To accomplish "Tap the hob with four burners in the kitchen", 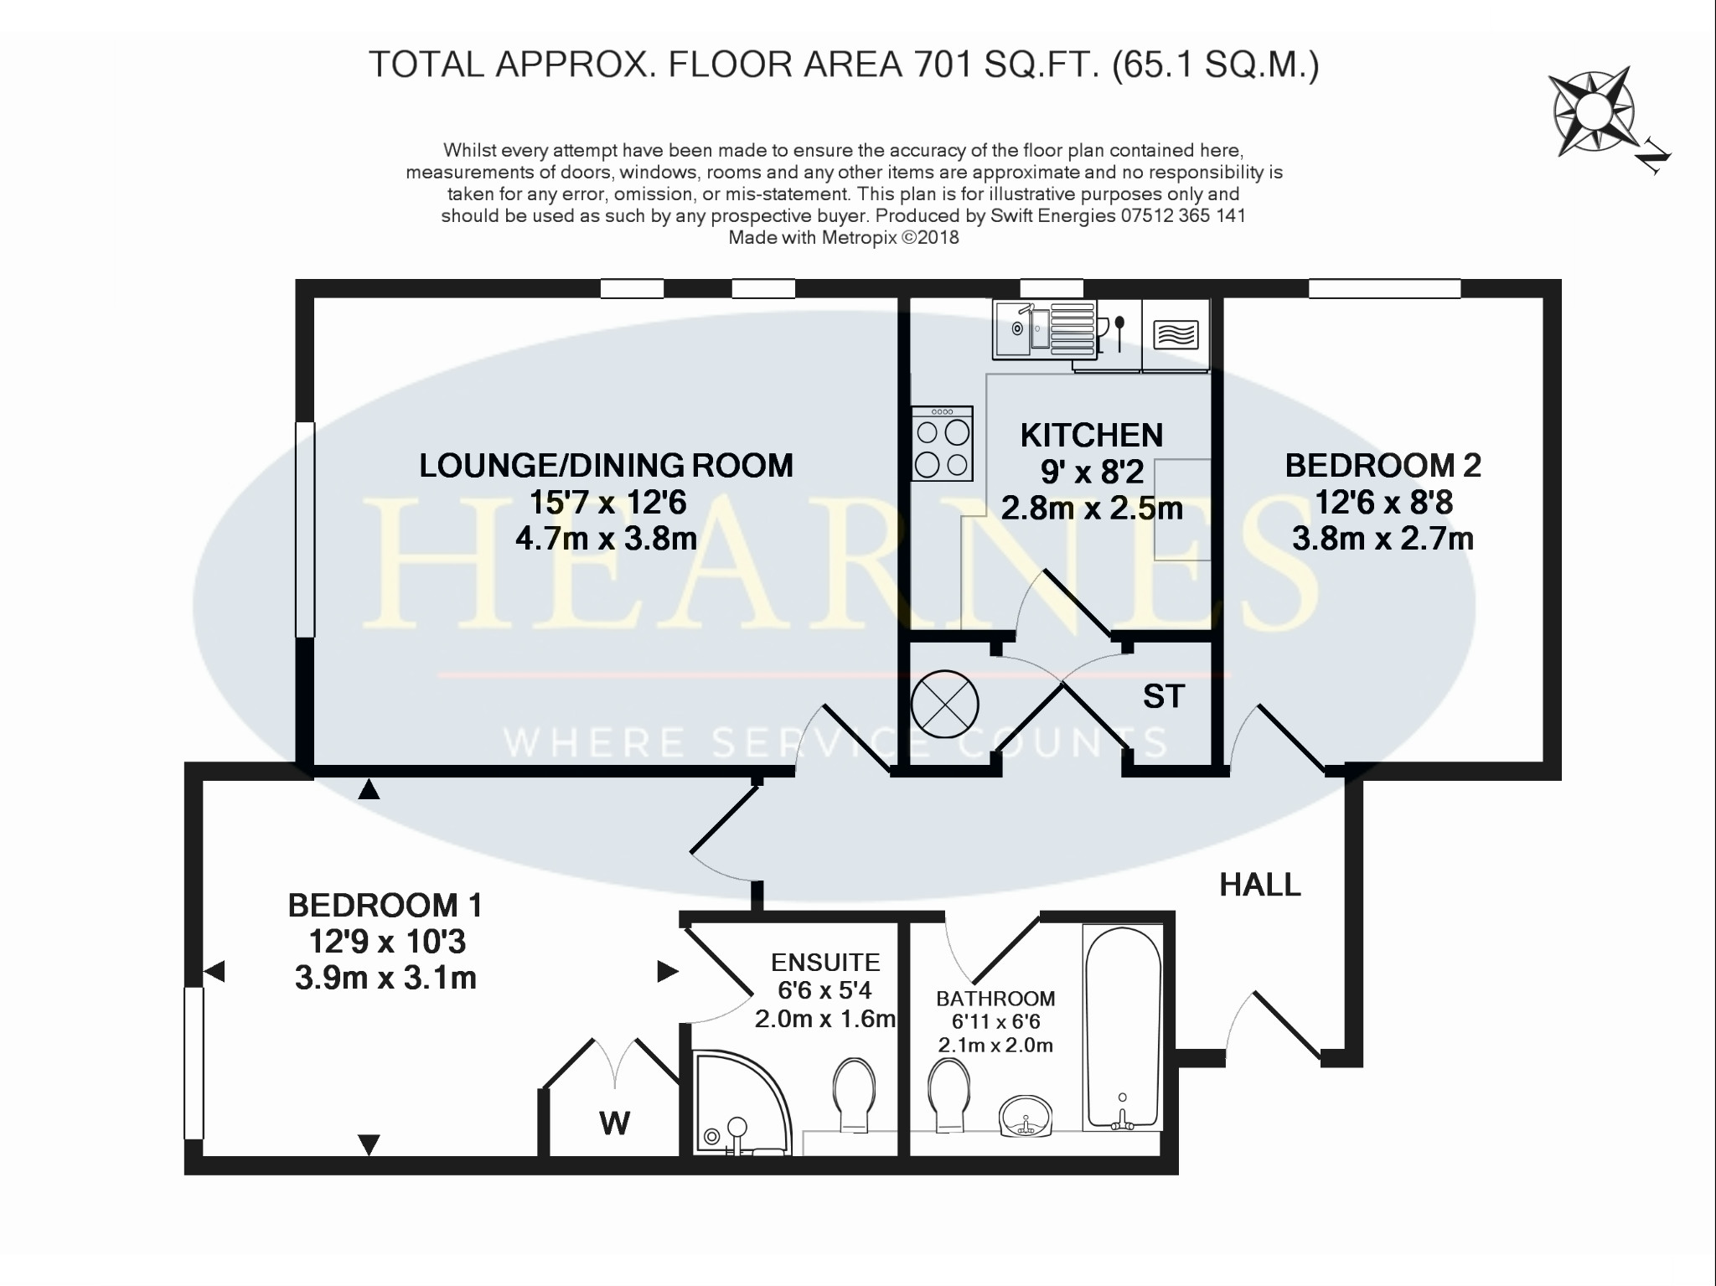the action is [x=943, y=444].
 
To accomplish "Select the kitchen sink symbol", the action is [x=1044, y=329].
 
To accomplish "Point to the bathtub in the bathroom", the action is [x=1123, y=1028].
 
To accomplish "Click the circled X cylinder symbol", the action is [x=944, y=704].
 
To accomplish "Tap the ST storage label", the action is [x=1164, y=696].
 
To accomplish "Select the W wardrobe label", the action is [x=615, y=1123].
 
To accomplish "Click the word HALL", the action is [x=1260, y=885].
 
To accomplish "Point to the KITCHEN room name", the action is [x=1092, y=436].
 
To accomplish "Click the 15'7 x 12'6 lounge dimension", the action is [x=607, y=503].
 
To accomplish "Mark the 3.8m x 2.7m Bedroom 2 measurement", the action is [x=1383, y=539].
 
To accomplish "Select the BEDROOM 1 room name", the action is [x=385, y=906].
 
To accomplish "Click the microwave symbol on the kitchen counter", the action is [x=1176, y=336].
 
